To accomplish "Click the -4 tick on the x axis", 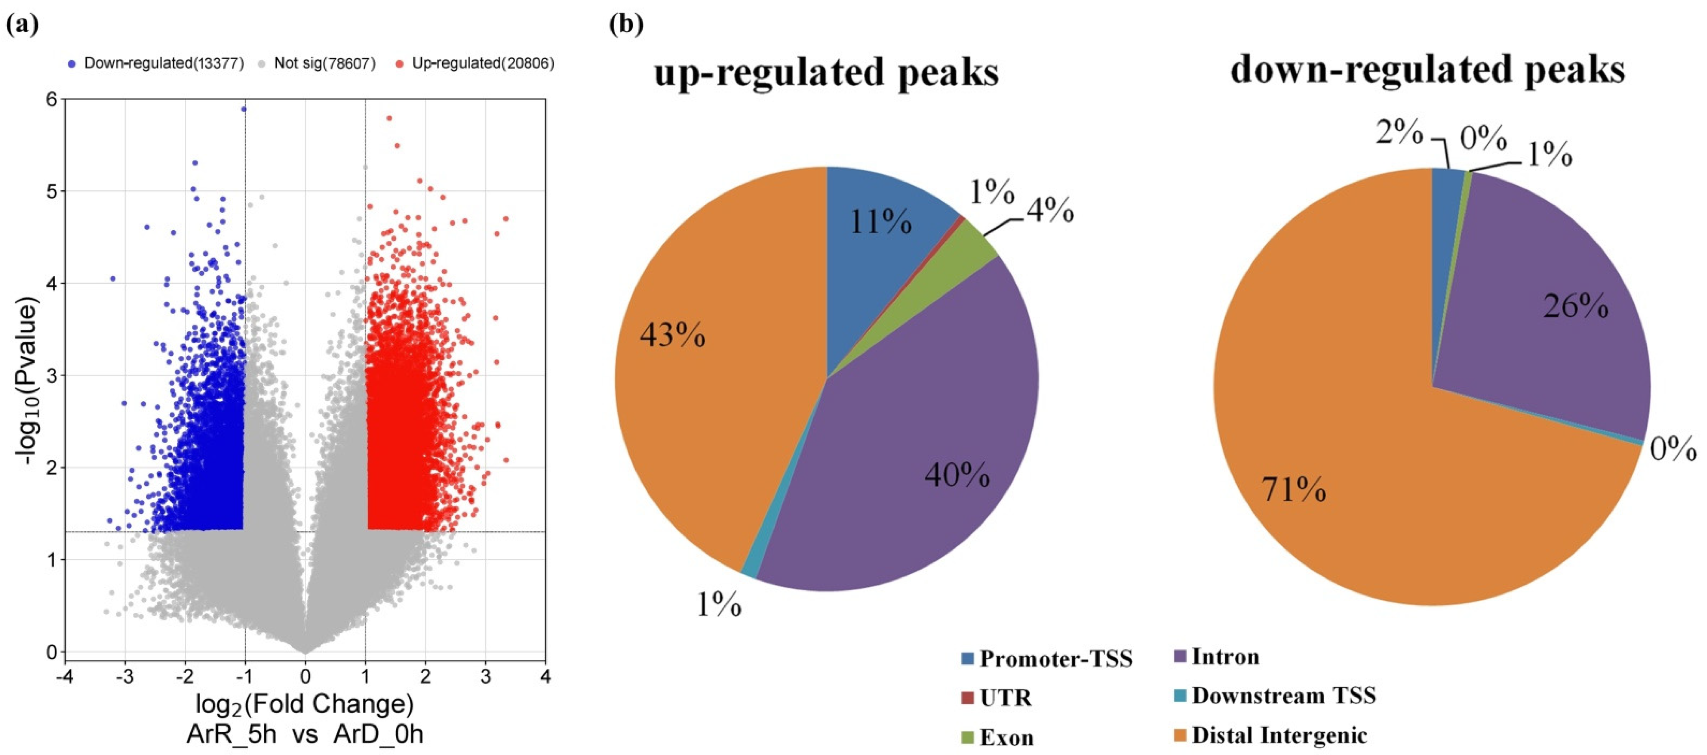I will click(x=64, y=677).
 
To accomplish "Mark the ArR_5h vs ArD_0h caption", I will click(x=305, y=735).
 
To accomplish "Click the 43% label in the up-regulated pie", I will click(x=672, y=335).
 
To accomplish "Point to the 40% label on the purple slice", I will click(x=957, y=474).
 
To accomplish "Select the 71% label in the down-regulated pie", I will click(x=1293, y=491).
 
